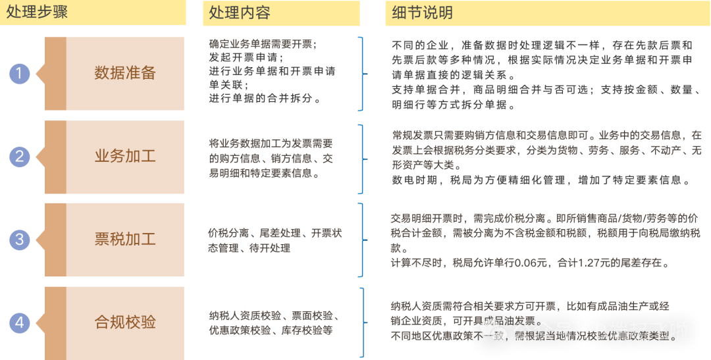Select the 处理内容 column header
(x=240, y=13)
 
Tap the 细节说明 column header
(x=422, y=13)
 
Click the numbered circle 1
(x=20, y=74)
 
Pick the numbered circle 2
(x=20, y=157)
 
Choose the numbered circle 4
(x=20, y=322)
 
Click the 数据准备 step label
(x=125, y=73)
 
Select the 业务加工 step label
(x=125, y=157)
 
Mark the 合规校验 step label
(x=125, y=322)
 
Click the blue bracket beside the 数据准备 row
(x=361, y=73)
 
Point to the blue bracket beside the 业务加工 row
(x=361, y=159)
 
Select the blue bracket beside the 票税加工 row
(x=361, y=240)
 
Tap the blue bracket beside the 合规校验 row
(x=361, y=321)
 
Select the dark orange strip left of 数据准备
(x=55, y=74)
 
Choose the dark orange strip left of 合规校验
(x=55, y=322)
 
